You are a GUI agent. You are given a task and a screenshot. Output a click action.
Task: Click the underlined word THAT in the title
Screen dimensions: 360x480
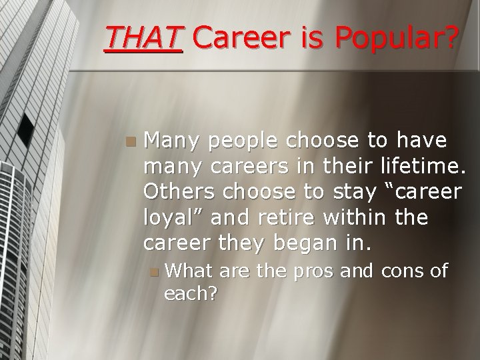(143, 39)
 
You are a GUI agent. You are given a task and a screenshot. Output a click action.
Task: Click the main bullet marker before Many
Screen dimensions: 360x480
(131, 141)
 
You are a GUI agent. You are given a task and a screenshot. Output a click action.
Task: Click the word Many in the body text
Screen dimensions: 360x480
(173, 142)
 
